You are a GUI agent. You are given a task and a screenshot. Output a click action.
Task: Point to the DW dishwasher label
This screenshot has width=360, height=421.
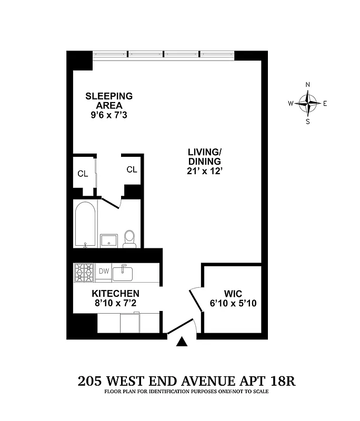coord(104,272)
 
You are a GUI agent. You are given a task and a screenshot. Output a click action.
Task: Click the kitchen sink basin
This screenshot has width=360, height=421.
coord(125,272)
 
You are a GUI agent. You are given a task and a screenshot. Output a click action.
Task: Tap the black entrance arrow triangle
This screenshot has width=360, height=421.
coord(182,343)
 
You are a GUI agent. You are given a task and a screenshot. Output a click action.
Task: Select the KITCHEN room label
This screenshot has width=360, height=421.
coord(116,293)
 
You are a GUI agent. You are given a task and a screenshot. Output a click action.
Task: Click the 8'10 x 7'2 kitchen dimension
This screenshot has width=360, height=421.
coord(116,303)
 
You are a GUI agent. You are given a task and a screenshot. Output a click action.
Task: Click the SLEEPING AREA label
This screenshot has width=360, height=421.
coord(109,101)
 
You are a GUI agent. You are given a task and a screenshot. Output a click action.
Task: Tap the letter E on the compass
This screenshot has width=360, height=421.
coord(325,104)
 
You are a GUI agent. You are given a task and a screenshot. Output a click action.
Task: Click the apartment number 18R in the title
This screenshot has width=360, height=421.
coord(282,380)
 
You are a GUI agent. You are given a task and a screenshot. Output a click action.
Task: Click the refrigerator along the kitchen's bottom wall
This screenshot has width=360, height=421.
coord(130,323)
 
